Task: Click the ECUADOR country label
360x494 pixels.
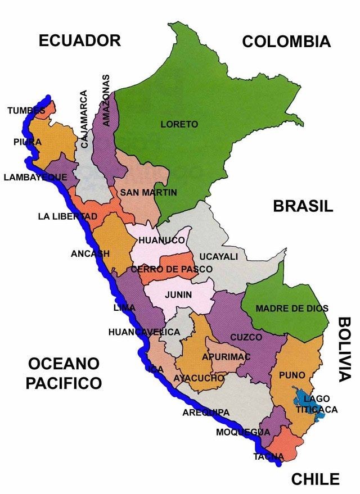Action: pyautogui.click(x=79, y=40)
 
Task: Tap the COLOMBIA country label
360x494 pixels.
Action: pyautogui.click(x=286, y=42)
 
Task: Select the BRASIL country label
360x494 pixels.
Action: pyautogui.click(x=303, y=206)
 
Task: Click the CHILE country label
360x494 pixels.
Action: pyautogui.click(x=315, y=479)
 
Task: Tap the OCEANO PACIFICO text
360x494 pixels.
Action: pyautogui.click(x=64, y=373)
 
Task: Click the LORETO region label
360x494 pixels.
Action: pyautogui.click(x=179, y=124)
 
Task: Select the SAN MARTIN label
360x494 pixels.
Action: pyautogui.click(x=148, y=193)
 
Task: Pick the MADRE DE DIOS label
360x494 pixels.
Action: pyautogui.click(x=292, y=309)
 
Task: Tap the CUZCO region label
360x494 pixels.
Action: pyautogui.click(x=246, y=337)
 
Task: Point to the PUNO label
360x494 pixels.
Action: pyautogui.click(x=292, y=375)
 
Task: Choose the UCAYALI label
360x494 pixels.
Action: pyautogui.click(x=218, y=256)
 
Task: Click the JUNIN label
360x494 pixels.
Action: pyautogui.click(x=178, y=294)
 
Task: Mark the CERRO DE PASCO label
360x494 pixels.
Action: pyautogui.click(x=172, y=269)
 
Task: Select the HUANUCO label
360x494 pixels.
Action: pyautogui.click(x=161, y=240)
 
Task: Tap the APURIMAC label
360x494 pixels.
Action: pyautogui.click(x=226, y=357)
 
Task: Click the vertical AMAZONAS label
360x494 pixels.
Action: pyautogui.click(x=106, y=99)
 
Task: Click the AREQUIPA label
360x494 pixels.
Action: pyautogui.click(x=206, y=413)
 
